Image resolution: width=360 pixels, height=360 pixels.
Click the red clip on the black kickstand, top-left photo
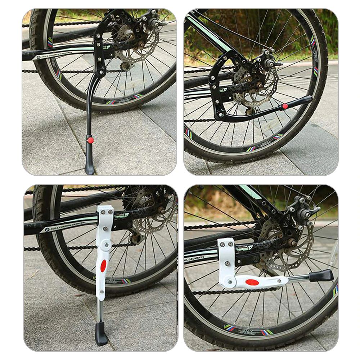(90, 140)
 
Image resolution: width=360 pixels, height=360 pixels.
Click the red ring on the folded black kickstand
(285, 106)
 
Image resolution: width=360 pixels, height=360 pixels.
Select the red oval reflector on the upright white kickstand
(103, 266)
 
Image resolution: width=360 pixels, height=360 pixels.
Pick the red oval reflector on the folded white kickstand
(252, 282)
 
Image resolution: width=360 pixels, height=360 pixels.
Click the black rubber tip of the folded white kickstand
(321, 276)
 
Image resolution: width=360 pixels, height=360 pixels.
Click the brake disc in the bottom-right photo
(284, 248)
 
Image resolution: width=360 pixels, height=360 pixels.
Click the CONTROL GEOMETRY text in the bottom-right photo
(196, 258)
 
